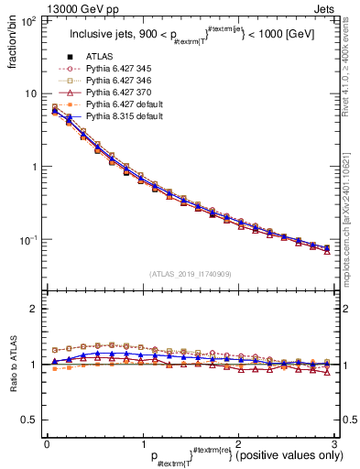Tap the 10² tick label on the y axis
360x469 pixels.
tap(27, 20)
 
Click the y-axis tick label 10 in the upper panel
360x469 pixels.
tap(31, 93)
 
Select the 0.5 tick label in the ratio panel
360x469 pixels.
tap(30, 420)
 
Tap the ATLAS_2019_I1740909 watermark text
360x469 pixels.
tap(190, 274)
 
